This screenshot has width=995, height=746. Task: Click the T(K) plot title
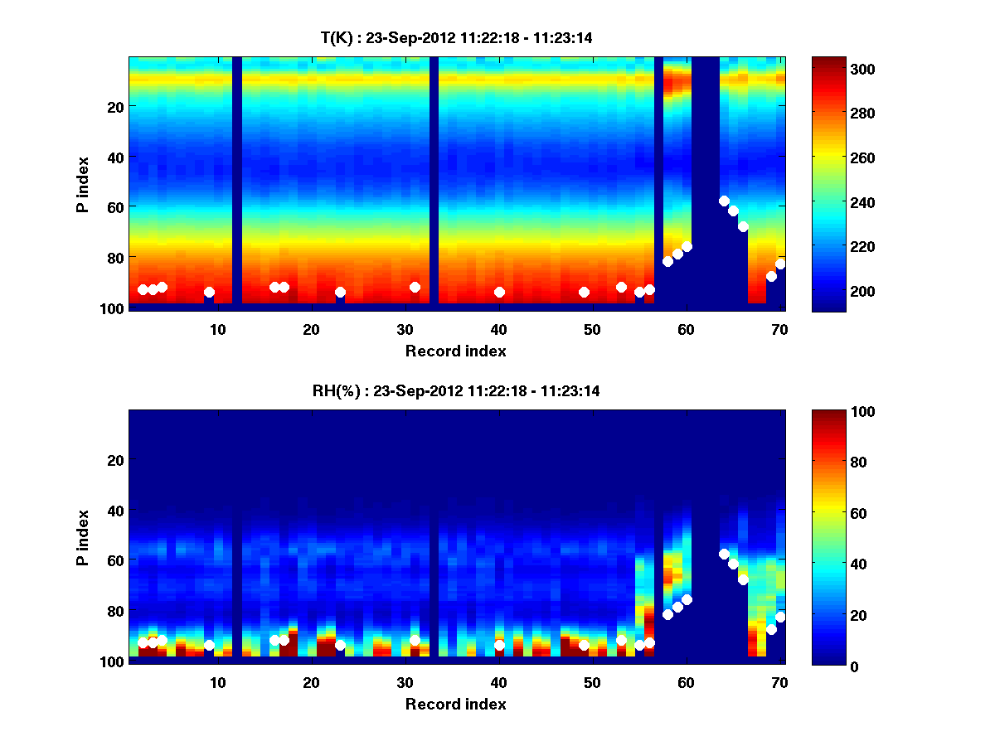(x=457, y=37)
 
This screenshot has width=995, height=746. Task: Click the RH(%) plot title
(x=457, y=391)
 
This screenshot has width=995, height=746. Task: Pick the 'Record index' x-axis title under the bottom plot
(x=456, y=704)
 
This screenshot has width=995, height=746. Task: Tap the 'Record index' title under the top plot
(x=456, y=351)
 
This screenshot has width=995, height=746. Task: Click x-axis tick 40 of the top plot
(x=499, y=329)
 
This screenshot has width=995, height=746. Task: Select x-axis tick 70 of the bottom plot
(x=780, y=682)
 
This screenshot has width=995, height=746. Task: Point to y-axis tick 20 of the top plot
(x=114, y=107)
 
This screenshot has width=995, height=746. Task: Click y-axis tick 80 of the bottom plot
(x=114, y=611)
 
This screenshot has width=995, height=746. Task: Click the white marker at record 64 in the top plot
(x=724, y=201)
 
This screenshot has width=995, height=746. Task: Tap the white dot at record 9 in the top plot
(x=209, y=292)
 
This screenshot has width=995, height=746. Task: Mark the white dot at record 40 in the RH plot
(x=499, y=645)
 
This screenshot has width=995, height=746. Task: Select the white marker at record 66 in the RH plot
(x=743, y=579)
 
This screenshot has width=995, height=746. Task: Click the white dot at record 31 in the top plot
(x=415, y=287)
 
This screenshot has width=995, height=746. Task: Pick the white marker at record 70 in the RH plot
(x=780, y=617)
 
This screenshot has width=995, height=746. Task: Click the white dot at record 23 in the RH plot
(x=340, y=645)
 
